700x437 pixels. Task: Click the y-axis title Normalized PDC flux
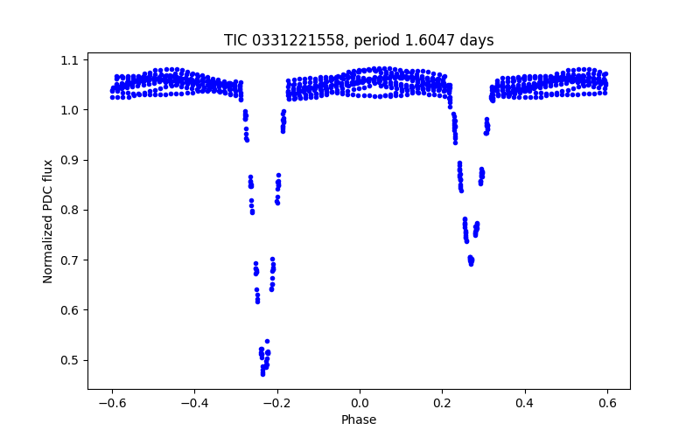click(48, 221)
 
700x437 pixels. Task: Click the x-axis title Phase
click(359, 420)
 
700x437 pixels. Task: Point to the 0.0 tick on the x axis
click(360, 403)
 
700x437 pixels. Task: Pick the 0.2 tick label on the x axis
click(442, 403)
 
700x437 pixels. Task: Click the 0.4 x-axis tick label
click(525, 403)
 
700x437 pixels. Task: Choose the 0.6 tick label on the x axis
click(607, 403)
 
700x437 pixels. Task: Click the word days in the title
click(476, 40)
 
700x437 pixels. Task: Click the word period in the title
click(374, 40)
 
